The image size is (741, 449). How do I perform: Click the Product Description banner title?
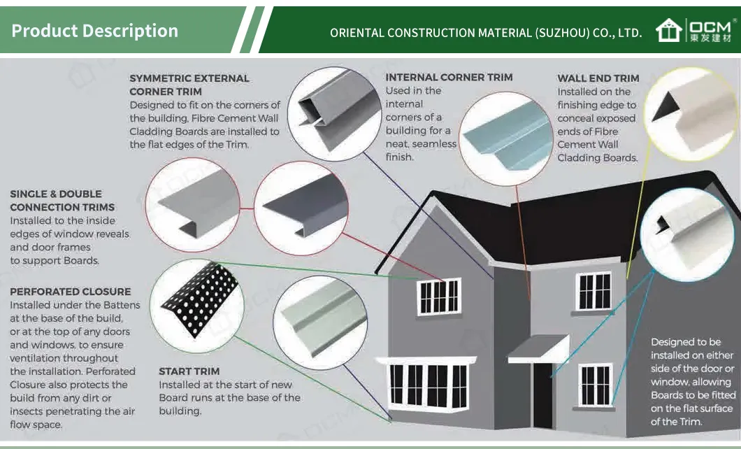tap(95, 31)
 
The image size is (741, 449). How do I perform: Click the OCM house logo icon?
tap(669, 30)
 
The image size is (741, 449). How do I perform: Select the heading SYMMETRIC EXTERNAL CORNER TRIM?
tap(189, 85)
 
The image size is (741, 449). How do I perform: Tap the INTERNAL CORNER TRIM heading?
tap(449, 77)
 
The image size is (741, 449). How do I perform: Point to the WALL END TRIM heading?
tap(598, 78)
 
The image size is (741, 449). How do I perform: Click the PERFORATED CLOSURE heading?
tap(70, 291)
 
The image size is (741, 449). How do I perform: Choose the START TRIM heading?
tap(189, 371)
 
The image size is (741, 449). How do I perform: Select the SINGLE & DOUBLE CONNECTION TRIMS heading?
tap(62, 200)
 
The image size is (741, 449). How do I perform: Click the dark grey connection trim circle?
tap(301, 204)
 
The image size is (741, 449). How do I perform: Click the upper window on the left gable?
tap(439, 297)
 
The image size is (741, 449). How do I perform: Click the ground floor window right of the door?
tap(595, 385)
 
